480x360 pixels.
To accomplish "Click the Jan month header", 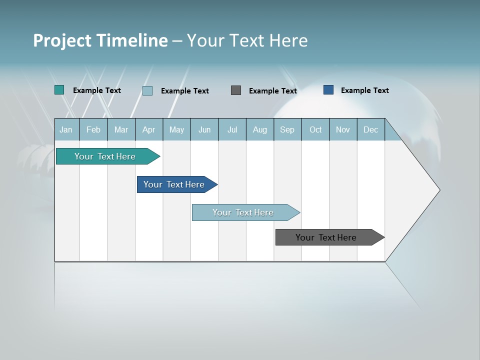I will [66, 129].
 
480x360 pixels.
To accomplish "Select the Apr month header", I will [148, 129].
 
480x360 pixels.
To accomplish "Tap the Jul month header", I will [232, 129].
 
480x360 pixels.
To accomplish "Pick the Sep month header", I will [287, 129].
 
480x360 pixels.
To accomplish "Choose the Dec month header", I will [370, 129].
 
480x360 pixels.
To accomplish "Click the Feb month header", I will [93, 129].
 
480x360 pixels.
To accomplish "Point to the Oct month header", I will [315, 129].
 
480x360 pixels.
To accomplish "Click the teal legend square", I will [59, 90].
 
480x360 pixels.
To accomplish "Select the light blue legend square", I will [147, 90].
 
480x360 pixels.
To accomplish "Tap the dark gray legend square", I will [236, 90].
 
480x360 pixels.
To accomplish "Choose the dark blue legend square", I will [328, 90].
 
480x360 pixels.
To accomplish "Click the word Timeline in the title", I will [131, 40].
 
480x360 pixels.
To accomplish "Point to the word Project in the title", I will [62, 40].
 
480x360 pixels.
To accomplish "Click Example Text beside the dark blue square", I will [364, 90].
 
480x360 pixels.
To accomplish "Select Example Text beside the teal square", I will [97, 90].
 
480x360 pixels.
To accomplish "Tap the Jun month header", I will [204, 129].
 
